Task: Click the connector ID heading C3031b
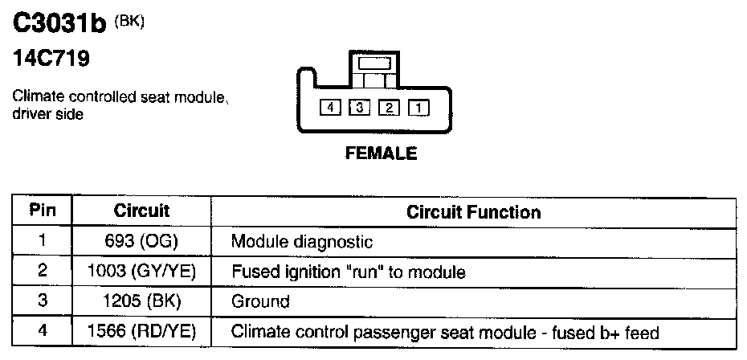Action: pos(61,25)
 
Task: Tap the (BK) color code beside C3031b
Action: pos(129,22)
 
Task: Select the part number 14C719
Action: pos(51,59)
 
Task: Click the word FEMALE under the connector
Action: pos(381,153)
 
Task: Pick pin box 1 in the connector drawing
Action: pos(418,106)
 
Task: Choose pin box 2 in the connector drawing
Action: pos(389,106)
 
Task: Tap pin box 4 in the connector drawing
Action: pos(329,106)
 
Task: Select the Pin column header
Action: pos(42,211)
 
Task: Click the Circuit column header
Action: pos(141,211)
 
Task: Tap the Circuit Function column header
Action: pos(473,212)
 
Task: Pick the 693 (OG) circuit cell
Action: pos(141,241)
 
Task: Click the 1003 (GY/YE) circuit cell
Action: pos(141,272)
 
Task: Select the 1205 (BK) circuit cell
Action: pos(141,302)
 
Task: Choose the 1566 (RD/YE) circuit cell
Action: pos(141,332)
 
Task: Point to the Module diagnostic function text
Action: pos(302,241)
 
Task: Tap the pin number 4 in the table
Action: pos(42,332)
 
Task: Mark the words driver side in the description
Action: pos(48,113)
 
